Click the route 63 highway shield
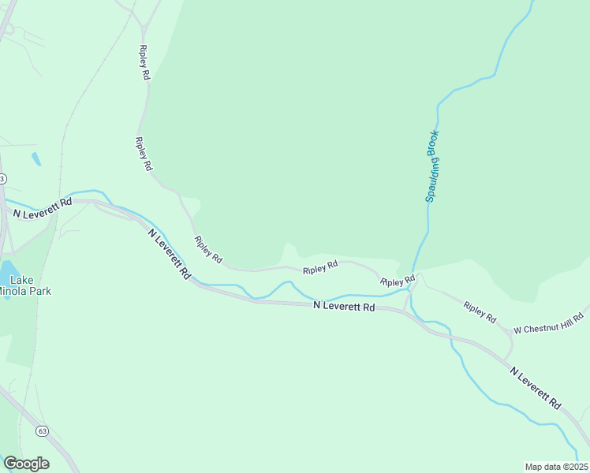tap(42, 431)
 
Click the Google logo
tap(26, 464)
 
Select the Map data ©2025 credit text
tap(556, 466)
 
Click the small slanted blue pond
tap(36, 158)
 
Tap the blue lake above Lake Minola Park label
tap(6, 268)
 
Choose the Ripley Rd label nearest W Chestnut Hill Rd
tap(480, 312)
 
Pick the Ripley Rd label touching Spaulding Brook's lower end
tap(398, 281)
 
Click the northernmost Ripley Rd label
tap(144, 63)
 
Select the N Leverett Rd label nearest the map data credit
tap(535, 387)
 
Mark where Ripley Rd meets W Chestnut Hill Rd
tap(510, 334)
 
